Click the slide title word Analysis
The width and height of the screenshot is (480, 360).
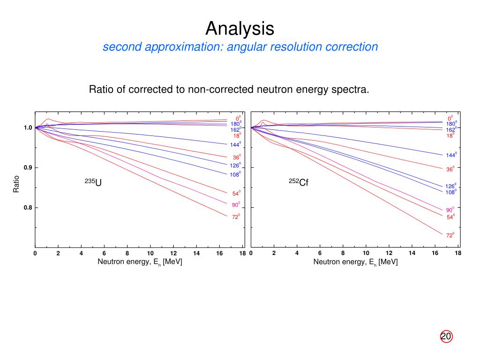point(240,29)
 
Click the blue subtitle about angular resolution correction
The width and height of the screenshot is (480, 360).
point(240,47)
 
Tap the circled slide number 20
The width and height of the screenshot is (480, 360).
point(446,337)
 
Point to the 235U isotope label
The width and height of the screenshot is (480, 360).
point(93,182)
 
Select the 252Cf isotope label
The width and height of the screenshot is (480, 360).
point(298,182)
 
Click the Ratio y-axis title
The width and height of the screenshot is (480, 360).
point(16,184)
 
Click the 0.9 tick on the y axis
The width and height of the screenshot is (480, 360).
point(28,168)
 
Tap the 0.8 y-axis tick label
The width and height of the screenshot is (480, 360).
point(28,208)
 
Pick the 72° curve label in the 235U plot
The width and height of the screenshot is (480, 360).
point(236,217)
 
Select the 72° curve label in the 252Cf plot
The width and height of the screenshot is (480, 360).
point(450,235)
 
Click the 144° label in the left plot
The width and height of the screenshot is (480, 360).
point(235,145)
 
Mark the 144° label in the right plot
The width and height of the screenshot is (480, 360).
point(451,155)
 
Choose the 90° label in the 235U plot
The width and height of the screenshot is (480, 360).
point(236,205)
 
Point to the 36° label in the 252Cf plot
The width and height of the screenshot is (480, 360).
point(450,169)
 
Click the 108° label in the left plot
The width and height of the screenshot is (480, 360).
point(235,175)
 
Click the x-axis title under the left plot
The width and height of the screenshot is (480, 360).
point(140,262)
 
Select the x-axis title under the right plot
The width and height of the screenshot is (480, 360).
point(355,262)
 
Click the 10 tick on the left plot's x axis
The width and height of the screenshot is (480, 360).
point(150,254)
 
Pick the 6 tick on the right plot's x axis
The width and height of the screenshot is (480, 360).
point(320,254)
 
